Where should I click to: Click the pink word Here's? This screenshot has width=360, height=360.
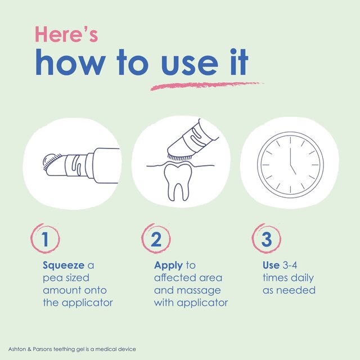click(66, 34)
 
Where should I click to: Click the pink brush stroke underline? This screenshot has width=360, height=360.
click(206, 85)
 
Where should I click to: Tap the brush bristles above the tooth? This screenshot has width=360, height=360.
click(179, 157)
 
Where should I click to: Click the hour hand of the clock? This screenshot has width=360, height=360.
click(293, 170)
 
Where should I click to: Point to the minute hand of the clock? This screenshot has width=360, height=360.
click(290, 156)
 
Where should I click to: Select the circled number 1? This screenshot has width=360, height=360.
click(45, 238)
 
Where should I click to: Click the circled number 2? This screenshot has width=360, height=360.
click(156, 238)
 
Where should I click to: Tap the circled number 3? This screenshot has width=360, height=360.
click(267, 238)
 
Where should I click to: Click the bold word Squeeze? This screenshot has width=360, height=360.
click(64, 265)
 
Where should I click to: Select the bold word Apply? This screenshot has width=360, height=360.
click(168, 266)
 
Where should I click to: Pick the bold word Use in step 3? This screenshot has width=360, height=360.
click(271, 265)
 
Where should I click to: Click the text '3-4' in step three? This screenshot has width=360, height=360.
click(290, 265)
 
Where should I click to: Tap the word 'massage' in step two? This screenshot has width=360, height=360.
click(202, 291)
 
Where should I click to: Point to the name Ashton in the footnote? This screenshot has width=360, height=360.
click(17, 349)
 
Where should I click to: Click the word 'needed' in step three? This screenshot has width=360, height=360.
click(296, 290)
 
